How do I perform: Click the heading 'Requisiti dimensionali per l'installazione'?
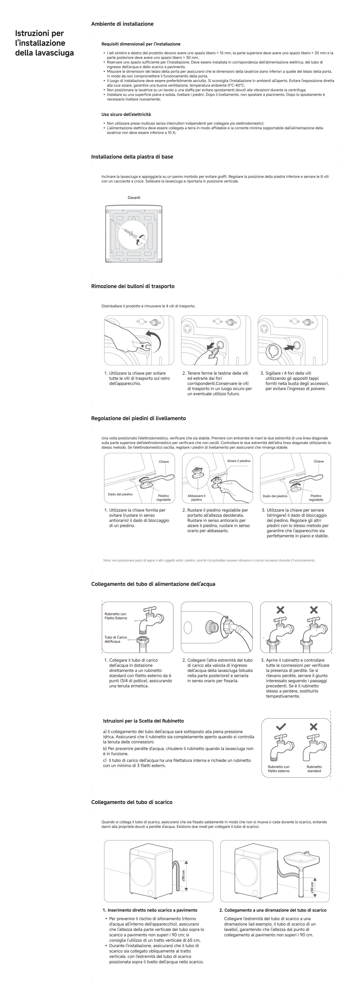(141, 44)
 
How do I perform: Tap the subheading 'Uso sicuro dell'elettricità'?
(126, 114)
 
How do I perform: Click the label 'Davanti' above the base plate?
(134, 198)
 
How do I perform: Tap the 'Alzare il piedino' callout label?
(239, 461)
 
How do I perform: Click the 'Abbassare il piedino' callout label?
(196, 497)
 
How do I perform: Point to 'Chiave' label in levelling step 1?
(164, 461)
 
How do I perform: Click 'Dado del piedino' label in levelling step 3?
(275, 496)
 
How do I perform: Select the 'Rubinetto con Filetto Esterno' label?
(116, 616)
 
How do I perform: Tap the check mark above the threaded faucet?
(281, 727)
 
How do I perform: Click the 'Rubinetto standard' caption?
(314, 769)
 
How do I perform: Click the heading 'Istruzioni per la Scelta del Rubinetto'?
(143, 721)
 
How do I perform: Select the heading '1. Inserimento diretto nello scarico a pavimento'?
(150, 910)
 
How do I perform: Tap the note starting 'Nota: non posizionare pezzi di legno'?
(209, 560)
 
